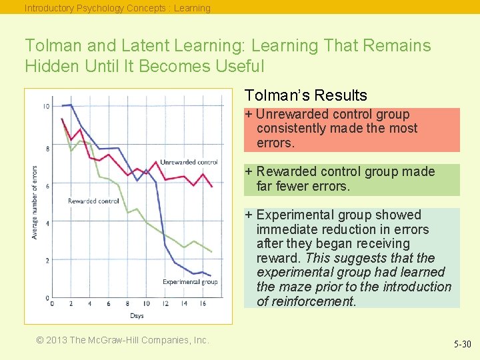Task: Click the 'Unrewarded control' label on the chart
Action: (x=189, y=162)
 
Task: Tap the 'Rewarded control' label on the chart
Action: (x=93, y=201)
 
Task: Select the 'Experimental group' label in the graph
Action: (x=190, y=282)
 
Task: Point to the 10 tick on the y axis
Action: (x=46, y=107)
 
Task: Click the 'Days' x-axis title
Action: (x=137, y=315)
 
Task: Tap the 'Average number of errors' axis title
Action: (x=35, y=202)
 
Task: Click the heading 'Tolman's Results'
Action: (x=305, y=95)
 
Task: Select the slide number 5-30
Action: (x=462, y=345)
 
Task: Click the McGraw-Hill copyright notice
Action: (x=123, y=340)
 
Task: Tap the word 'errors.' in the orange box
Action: (x=275, y=143)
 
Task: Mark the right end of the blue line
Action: (x=211, y=275)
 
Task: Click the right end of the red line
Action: (x=212, y=187)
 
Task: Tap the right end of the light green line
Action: (x=212, y=251)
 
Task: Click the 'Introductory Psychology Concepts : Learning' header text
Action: (x=117, y=8)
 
